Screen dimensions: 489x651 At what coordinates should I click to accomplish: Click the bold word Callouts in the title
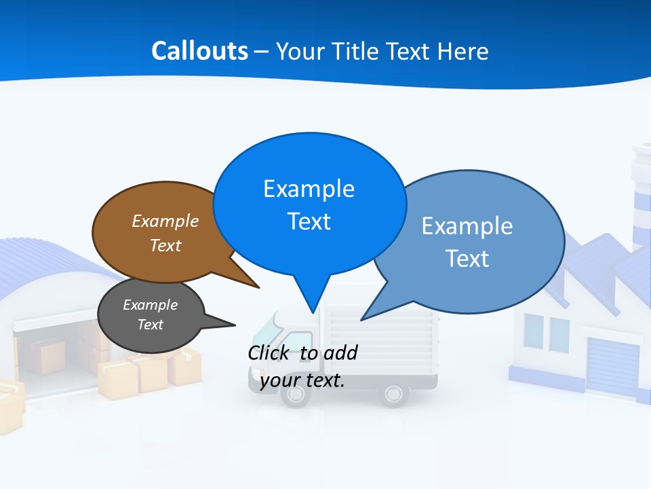pyautogui.click(x=199, y=51)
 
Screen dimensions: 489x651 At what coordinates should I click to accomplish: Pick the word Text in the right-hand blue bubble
pyautogui.click(x=467, y=259)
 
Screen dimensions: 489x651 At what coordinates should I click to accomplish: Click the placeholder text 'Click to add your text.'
pyautogui.click(x=302, y=366)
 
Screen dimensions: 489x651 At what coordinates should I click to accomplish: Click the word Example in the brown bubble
pyautogui.click(x=165, y=221)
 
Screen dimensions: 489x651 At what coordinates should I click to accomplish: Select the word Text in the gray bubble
pyautogui.click(x=150, y=325)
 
